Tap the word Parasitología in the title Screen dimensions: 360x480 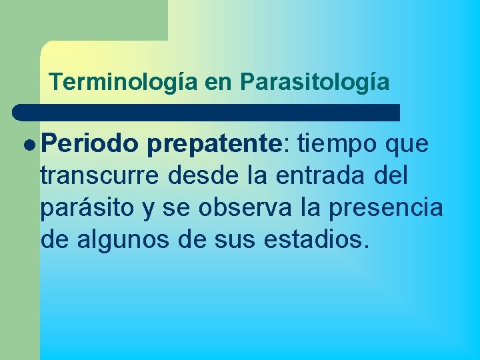tap(315, 82)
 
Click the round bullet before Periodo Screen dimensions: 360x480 tap(31, 144)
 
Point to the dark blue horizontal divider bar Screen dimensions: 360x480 tap(207, 112)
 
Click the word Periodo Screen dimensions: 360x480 tap(92, 143)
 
